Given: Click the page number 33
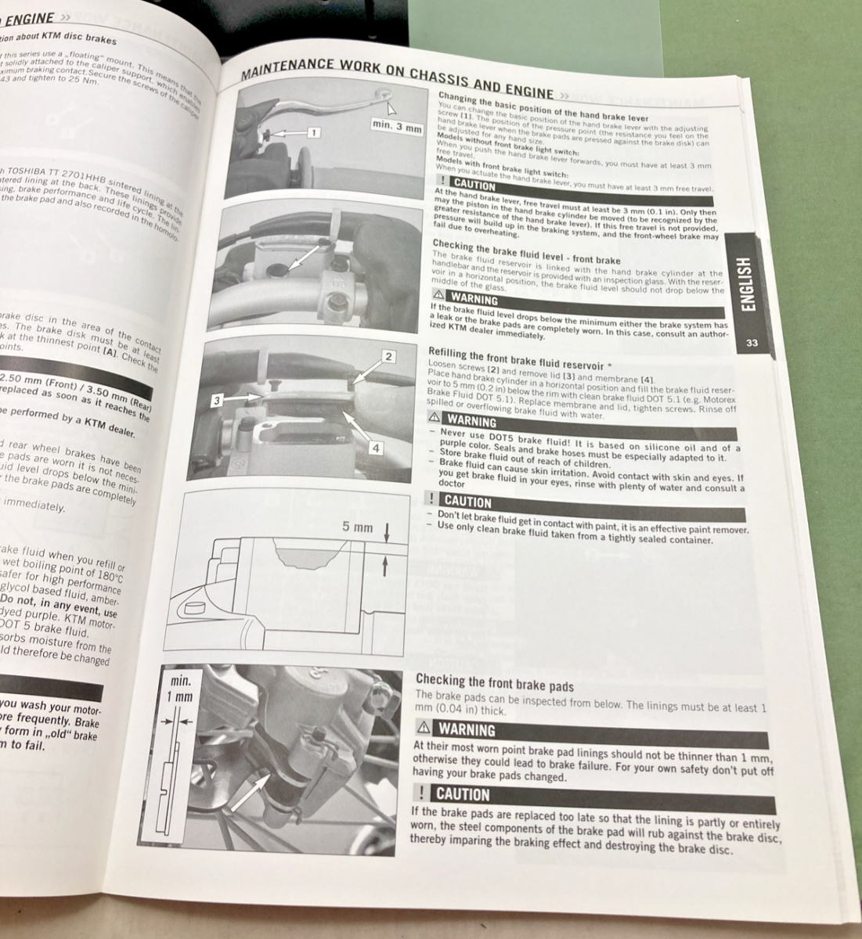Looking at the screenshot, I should (752, 343).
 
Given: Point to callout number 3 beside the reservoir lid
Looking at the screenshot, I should (219, 401).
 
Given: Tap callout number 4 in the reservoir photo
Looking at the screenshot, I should (376, 448).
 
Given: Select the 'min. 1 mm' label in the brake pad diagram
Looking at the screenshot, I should (181, 689).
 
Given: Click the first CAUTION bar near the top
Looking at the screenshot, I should (474, 186).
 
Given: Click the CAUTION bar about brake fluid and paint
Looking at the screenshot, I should (467, 501).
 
